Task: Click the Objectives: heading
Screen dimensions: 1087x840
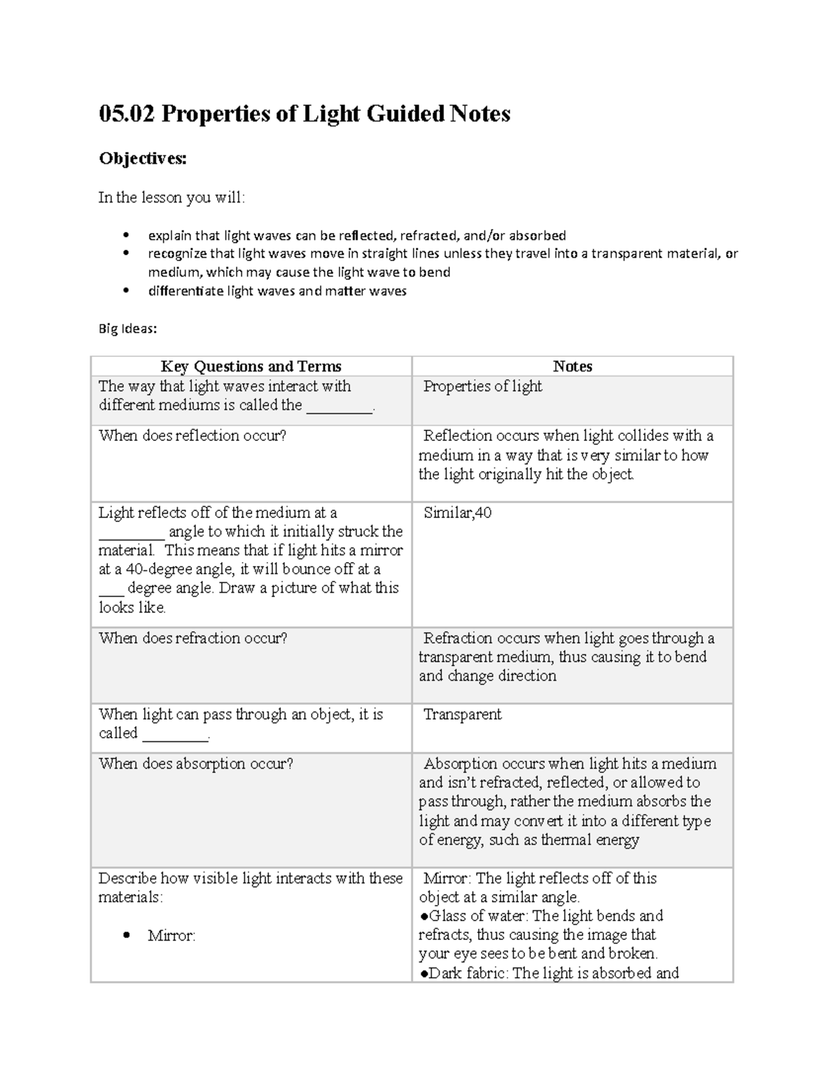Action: pyautogui.click(x=143, y=159)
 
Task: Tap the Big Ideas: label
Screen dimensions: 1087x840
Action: pyautogui.click(x=127, y=328)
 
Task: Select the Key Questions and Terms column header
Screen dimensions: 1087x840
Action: pyautogui.click(x=251, y=366)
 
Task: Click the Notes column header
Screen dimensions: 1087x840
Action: pyautogui.click(x=572, y=366)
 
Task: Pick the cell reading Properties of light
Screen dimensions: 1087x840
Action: pyautogui.click(x=482, y=386)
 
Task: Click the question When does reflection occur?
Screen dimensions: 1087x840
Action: pyautogui.click(x=192, y=435)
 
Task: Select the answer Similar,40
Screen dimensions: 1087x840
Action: pyautogui.click(x=457, y=513)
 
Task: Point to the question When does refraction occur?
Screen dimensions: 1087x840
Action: pyautogui.click(x=193, y=638)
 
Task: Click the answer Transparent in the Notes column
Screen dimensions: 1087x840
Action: pyautogui.click(x=462, y=715)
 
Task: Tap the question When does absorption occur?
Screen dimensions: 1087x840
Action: pyautogui.click(x=196, y=764)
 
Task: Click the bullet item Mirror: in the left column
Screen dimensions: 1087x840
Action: pyautogui.click(x=171, y=936)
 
